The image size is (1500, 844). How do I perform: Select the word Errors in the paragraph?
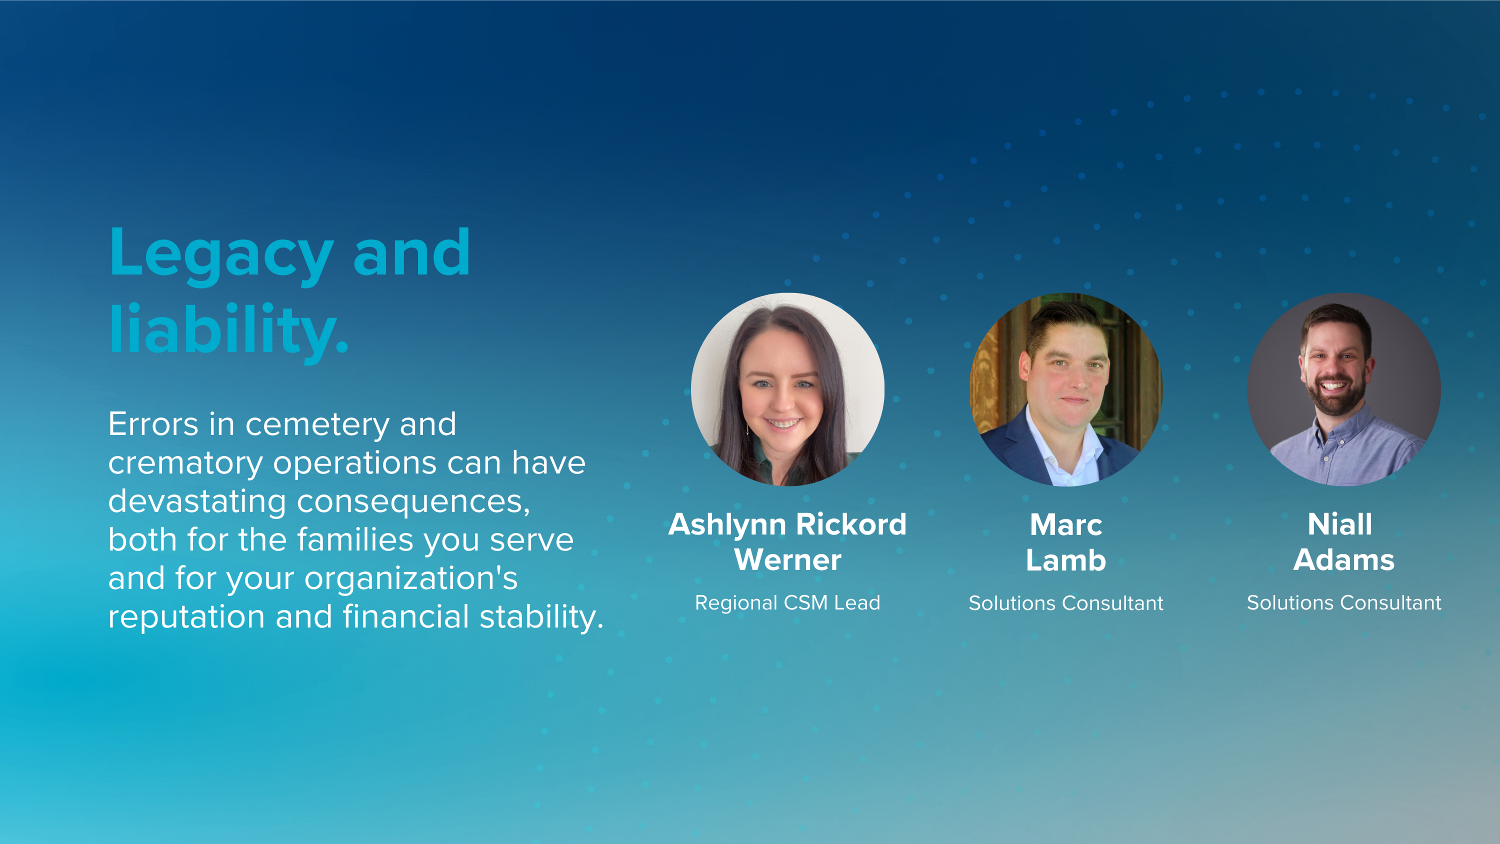153,424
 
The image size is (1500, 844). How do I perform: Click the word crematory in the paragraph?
185,463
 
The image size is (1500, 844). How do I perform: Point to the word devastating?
197,501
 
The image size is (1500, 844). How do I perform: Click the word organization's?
410,578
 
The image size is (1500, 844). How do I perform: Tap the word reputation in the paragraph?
186,617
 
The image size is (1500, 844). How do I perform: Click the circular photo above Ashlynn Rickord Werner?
787,389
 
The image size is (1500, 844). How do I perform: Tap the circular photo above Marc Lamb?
1065,389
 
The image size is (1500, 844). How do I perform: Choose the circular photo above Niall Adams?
1344,389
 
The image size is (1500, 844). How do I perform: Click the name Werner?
787,560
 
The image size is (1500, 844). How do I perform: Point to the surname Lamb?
1065,560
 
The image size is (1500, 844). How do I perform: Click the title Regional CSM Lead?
787,603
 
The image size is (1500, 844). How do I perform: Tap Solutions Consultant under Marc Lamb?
1065,603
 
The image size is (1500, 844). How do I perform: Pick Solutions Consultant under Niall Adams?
1344,603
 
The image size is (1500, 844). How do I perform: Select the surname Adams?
1344,560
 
